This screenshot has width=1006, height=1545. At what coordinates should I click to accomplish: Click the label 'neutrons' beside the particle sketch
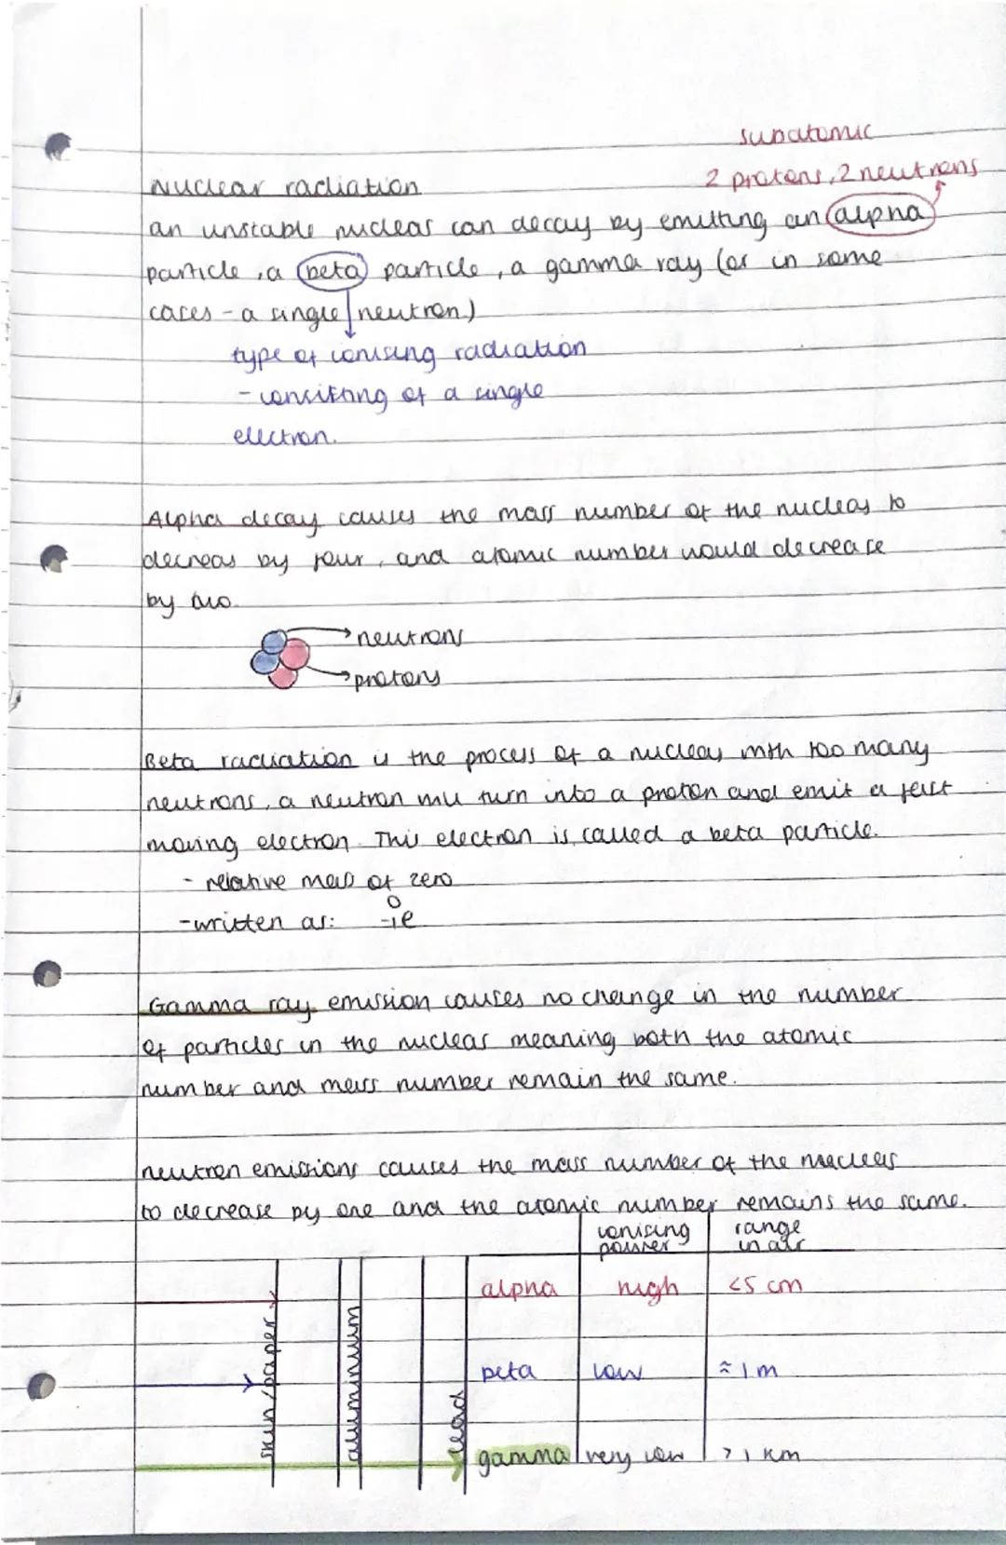pyautogui.click(x=410, y=641)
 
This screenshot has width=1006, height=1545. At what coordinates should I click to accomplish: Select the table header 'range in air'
pyautogui.click(x=755, y=1236)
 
